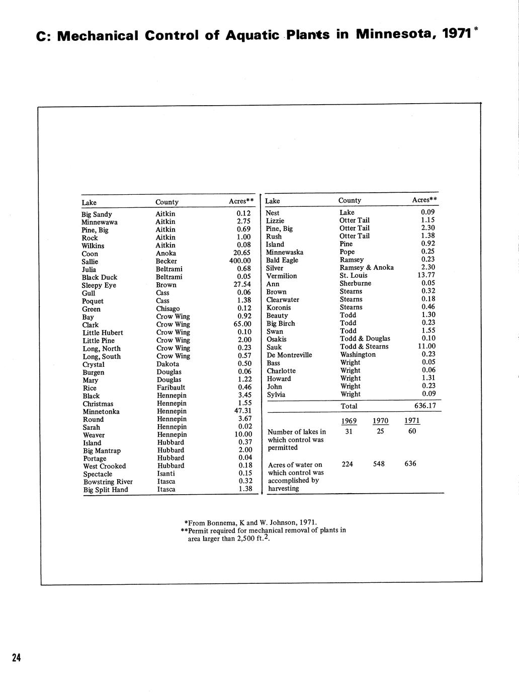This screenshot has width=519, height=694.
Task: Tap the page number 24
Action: [17, 657]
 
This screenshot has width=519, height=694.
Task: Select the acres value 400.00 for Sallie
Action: [239, 261]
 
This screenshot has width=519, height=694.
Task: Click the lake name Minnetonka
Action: [101, 412]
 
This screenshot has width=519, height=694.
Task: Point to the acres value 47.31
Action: [243, 411]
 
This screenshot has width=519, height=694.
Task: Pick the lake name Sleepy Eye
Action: [99, 285]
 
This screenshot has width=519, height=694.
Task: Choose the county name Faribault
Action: [171, 388]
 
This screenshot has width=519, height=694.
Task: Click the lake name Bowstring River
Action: [108, 482]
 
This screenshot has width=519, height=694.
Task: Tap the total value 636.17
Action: [424, 406]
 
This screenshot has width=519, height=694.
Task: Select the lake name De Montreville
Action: [289, 355]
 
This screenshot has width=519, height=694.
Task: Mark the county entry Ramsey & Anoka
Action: [367, 268]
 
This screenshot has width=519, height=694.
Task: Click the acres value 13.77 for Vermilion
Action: [426, 275]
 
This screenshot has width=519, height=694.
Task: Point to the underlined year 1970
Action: [381, 421]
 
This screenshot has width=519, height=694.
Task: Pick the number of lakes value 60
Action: [412, 431]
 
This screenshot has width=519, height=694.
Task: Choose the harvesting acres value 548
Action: [379, 464]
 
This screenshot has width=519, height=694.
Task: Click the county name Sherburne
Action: [356, 283]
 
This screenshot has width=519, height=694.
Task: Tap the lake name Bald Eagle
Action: [282, 260]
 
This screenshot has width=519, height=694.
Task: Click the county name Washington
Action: [358, 354]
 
